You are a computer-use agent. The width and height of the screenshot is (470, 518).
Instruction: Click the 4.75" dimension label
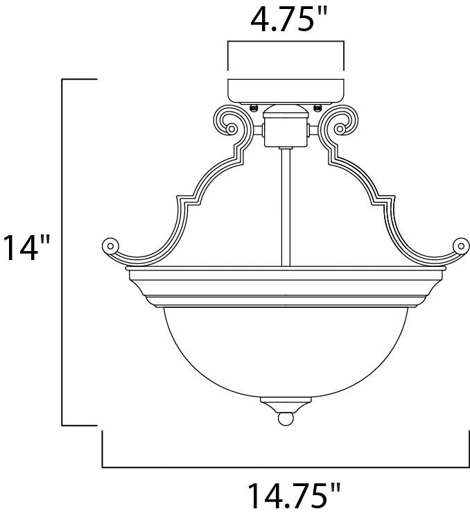[286, 21]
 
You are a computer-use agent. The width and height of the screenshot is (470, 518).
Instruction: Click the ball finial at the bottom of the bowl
[285, 420]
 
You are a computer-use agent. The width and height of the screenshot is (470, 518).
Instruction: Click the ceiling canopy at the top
[286, 90]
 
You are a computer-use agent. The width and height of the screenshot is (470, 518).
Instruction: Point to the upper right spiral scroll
[342, 126]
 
